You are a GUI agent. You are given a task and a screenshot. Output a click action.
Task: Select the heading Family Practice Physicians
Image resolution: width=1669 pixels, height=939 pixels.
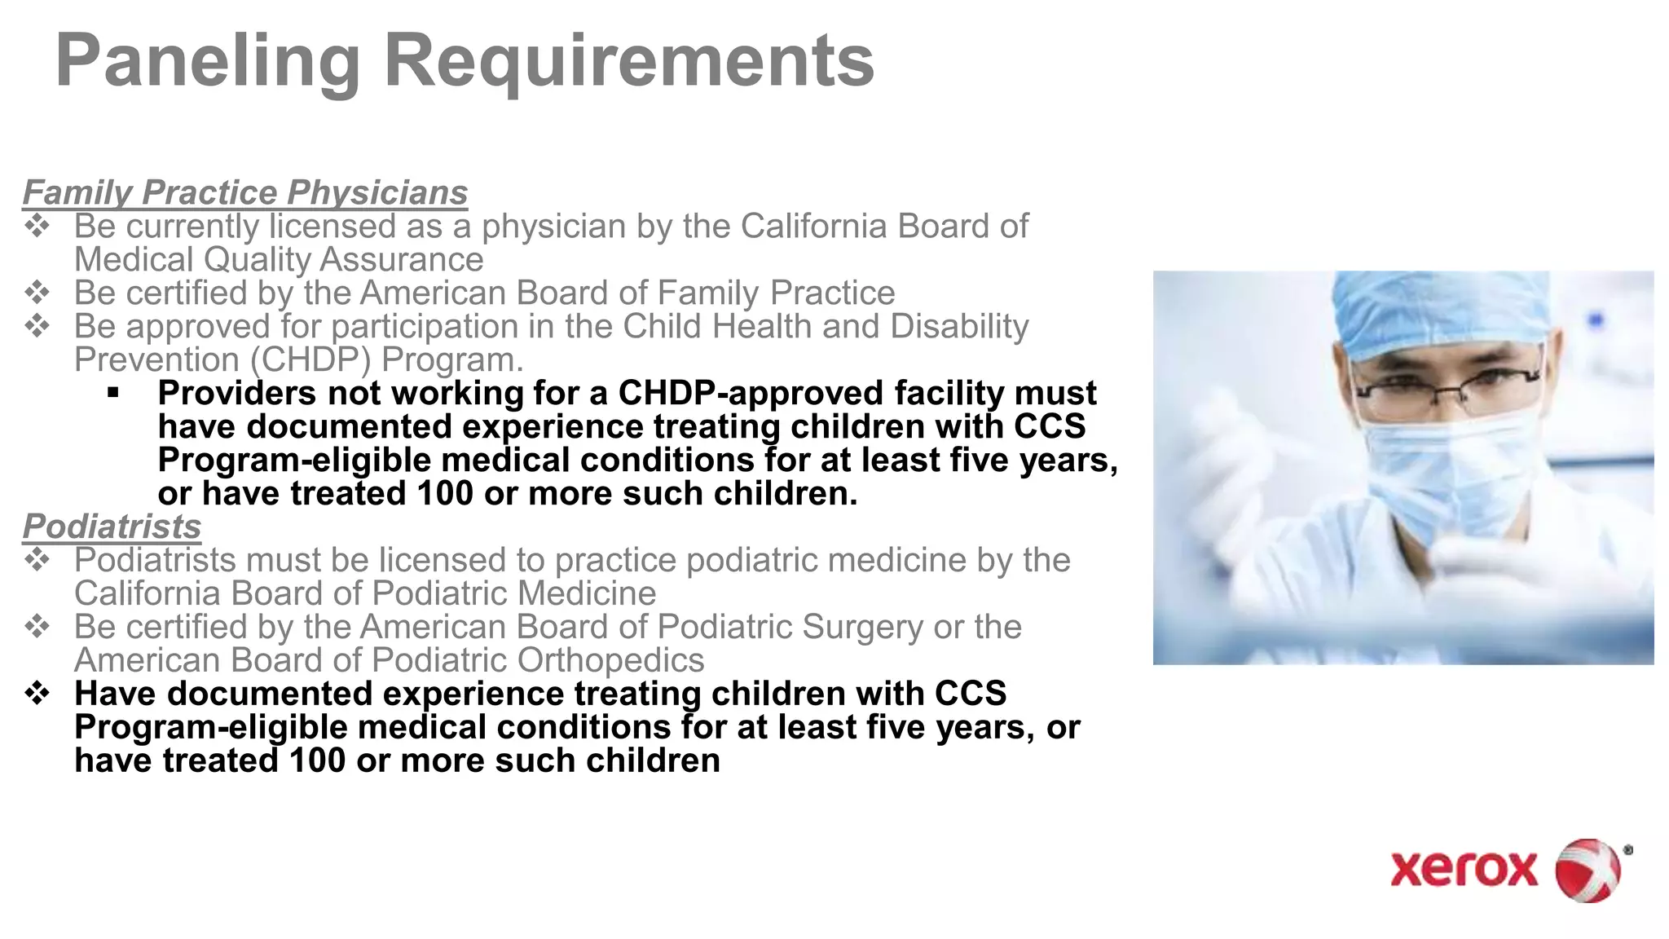tap(245, 192)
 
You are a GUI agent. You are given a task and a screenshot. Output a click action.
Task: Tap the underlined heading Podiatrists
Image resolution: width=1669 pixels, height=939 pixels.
tap(112, 527)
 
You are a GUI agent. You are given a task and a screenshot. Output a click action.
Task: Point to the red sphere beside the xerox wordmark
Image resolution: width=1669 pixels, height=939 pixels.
tap(1588, 870)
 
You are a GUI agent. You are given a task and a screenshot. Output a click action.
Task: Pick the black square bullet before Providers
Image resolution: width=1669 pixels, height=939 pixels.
tap(112, 394)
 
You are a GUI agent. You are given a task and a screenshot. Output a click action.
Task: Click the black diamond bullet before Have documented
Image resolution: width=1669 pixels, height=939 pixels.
tap(37, 694)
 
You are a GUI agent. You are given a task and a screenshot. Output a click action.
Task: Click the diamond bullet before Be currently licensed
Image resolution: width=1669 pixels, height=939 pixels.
tap(37, 226)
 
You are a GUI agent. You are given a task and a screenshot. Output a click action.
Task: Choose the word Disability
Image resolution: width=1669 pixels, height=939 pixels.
tap(959, 326)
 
